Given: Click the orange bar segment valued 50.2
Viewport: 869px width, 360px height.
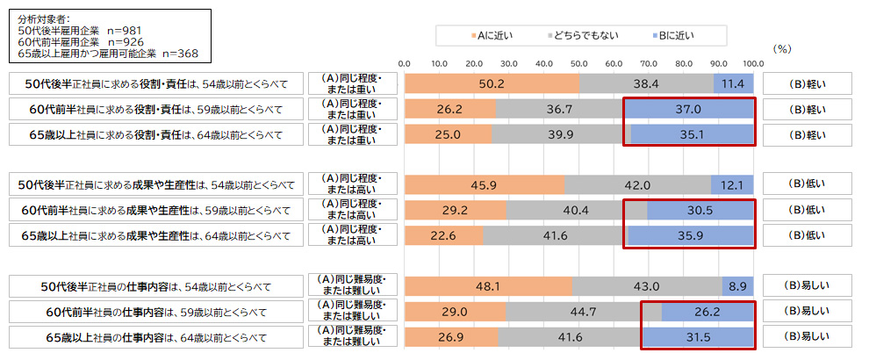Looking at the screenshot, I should pyautogui.click(x=492, y=83).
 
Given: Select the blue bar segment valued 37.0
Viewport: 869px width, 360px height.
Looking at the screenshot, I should pyautogui.click(x=689, y=109).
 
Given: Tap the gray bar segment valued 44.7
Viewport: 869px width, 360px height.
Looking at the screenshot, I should pyautogui.click(x=584, y=312).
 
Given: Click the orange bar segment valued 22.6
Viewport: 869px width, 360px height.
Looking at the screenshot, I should pyautogui.click(x=444, y=235).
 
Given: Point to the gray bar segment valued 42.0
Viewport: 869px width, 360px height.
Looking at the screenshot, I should pyautogui.click(x=637, y=184).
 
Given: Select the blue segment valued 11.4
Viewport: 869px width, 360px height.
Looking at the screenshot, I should pyautogui.click(x=734, y=83).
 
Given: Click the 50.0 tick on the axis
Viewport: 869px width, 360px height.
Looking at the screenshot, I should pyautogui.click(x=578, y=63).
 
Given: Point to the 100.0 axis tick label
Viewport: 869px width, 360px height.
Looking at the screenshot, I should pyautogui.click(x=752, y=63).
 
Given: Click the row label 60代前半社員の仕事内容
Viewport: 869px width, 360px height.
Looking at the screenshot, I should pyautogui.click(x=158, y=312).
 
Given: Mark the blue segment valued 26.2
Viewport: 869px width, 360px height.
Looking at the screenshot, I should pyautogui.click(x=707, y=312).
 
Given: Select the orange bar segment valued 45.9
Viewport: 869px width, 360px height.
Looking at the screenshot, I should pyautogui.click(x=485, y=184).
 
